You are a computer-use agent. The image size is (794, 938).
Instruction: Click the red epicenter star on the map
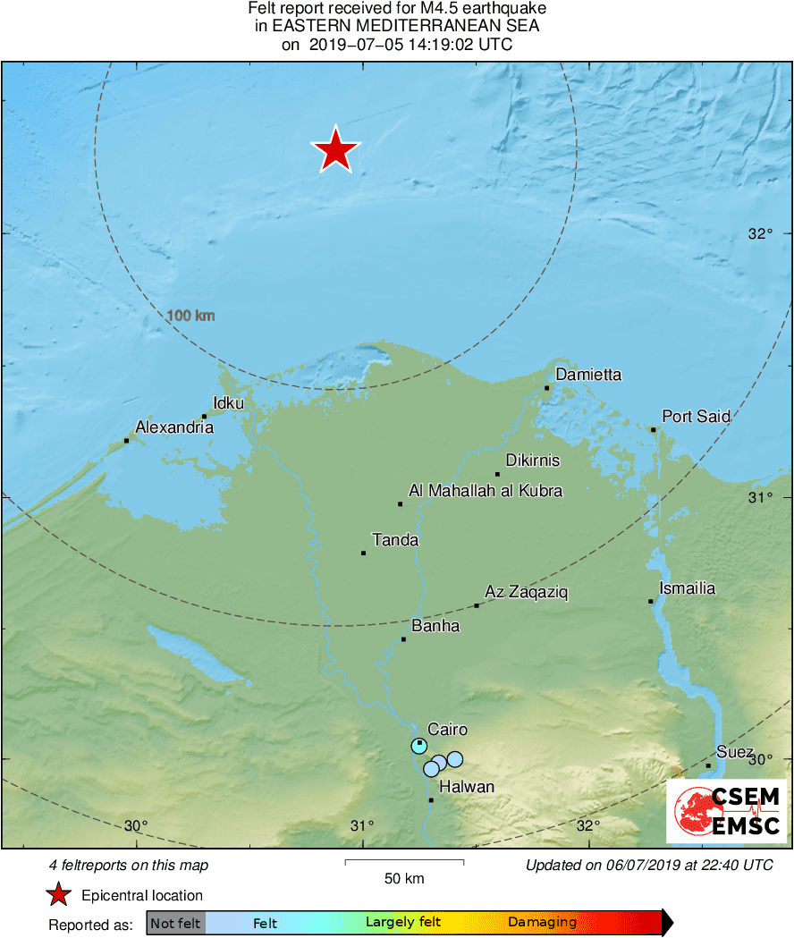335,150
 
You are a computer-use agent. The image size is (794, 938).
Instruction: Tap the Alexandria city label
174,427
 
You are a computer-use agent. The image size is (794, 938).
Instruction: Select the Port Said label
696,416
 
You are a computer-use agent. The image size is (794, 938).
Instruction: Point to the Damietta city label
588,375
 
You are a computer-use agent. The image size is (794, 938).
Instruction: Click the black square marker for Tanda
364,553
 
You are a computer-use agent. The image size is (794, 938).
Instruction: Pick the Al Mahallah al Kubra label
486,490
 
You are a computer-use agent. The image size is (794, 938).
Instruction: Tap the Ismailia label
687,587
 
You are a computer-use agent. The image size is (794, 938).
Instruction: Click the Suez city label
735,752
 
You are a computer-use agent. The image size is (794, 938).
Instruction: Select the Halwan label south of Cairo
466,787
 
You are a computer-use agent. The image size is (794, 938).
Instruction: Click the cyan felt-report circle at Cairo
419,746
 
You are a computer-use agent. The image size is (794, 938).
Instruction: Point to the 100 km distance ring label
190,316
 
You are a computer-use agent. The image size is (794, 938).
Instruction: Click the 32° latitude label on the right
759,234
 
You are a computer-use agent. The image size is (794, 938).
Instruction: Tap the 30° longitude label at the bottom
136,825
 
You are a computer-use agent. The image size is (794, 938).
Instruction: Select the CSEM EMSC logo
726,811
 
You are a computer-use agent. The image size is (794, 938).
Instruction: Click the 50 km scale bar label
404,878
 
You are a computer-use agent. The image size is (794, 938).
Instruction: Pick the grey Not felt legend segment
175,922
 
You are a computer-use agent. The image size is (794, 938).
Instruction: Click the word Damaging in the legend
542,922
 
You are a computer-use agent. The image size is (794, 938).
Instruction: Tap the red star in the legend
59,895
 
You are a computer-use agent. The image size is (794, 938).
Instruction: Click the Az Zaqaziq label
527,592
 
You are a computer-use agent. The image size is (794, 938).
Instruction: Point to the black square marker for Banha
403,638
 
